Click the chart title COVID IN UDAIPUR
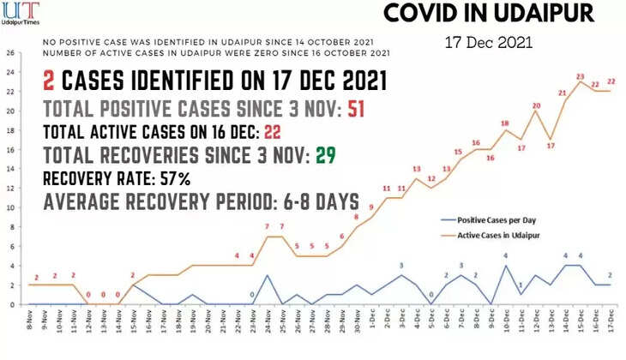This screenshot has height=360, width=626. click(487, 15)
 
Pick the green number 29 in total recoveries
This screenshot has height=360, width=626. click(323, 155)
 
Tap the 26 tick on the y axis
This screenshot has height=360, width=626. click(9, 53)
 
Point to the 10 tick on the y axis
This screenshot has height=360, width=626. click(9, 207)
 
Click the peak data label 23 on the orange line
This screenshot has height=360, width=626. click(581, 76)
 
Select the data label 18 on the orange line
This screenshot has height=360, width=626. click(505, 123)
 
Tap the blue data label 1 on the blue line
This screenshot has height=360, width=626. click(521, 285)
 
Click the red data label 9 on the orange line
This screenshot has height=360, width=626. click(371, 207)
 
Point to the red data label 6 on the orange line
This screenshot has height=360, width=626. click(341, 237)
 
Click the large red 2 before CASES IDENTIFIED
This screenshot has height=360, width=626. click(49, 82)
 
